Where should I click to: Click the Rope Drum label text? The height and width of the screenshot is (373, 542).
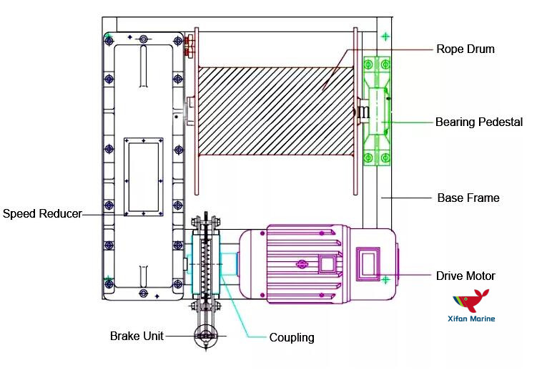465,49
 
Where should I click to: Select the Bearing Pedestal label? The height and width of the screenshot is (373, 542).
478,122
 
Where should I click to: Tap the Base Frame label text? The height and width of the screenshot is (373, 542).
468,197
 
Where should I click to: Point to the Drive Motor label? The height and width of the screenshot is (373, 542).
465,276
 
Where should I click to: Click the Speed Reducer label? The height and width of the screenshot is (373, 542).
41,213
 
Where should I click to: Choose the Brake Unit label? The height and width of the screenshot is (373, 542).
136,336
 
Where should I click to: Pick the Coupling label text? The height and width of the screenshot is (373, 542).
291,337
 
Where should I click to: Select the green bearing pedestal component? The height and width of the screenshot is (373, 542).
377,111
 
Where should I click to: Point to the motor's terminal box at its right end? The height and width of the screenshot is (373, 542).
371,263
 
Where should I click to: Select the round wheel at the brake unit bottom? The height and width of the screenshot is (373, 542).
206,336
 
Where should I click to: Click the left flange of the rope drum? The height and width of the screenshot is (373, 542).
194,111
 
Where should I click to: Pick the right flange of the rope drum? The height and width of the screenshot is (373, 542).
355,111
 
